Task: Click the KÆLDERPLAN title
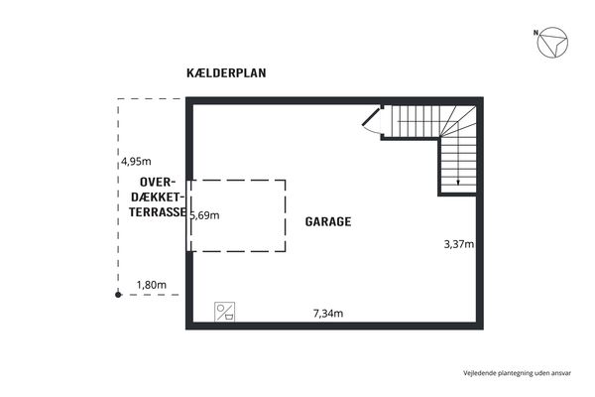tap(226, 72)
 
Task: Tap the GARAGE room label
tap(328, 221)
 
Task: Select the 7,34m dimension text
tap(328, 314)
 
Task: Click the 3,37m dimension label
tap(459, 244)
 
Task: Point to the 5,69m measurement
tap(205, 215)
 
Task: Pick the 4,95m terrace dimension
tap(136, 162)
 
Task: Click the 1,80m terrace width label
tap(152, 285)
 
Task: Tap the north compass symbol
tap(552, 43)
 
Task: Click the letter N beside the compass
tap(535, 33)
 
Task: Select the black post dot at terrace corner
tap(118, 295)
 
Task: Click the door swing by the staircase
tap(371, 121)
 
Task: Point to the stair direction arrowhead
tap(458, 183)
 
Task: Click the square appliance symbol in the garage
tap(225, 312)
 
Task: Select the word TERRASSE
tap(158, 212)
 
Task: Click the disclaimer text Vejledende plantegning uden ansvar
tap(517, 373)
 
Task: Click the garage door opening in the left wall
tap(188, 215)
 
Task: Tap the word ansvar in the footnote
tap(561, 373)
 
